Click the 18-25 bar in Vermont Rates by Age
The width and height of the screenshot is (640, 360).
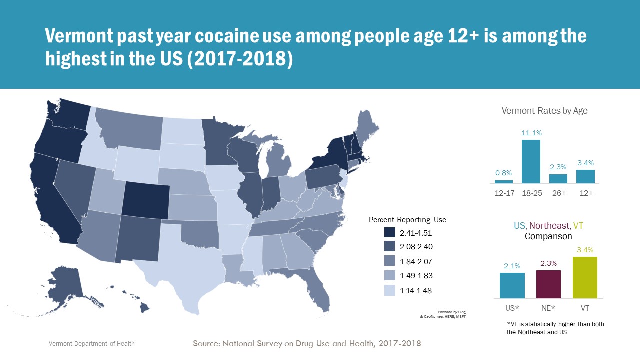pyautogui.click(x=531, y=161)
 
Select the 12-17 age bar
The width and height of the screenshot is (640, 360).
pyautogui.click(x=504, y=182)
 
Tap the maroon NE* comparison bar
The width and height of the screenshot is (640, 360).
pyautogui.click(x=548, y=284)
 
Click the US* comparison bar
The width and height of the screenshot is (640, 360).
pyautogui.click(x=512, y=285)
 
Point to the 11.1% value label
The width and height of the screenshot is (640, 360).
pyautogui.click(x=531, y=133)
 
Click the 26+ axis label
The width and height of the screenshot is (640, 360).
pyautogui.click(x=558, y=193)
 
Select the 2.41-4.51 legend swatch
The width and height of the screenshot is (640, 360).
pyautogui.click(x=390, y=232)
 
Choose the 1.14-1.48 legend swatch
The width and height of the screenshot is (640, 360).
pyautogui.click(x=390, y=290)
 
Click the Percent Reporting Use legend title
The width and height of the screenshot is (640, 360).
pyautogui.click(x=407, y=220)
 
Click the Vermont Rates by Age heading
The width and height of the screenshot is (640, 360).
pyautogui.click(x=544, y=111)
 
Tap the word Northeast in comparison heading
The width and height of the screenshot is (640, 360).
pyautogui.click(x=549, y=226)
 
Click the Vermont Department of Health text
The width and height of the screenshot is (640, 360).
pyautogui.click(x=91, y=344)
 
